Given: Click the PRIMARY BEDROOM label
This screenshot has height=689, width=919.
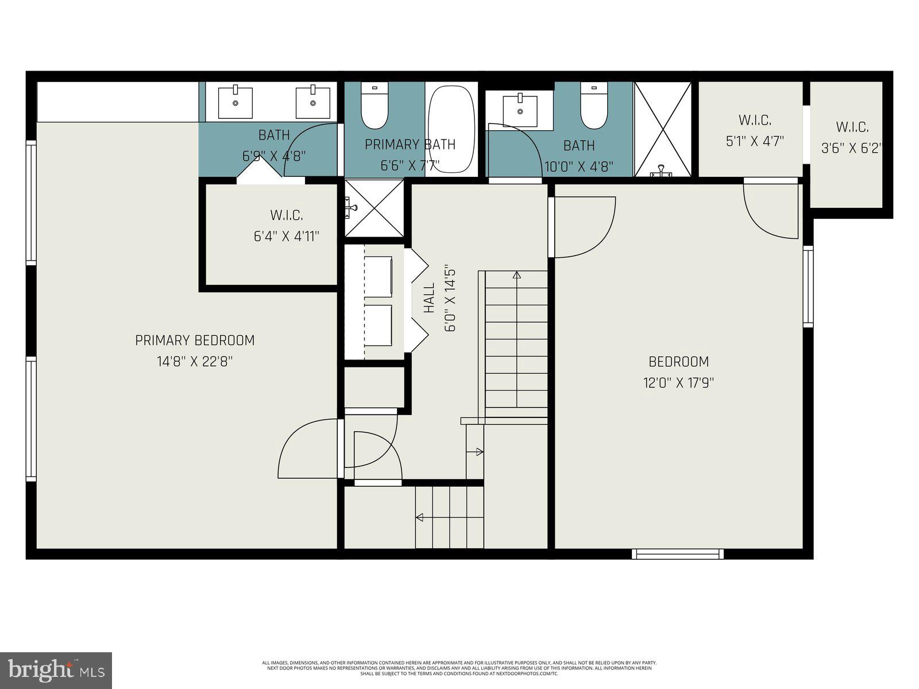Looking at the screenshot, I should click(195, 340).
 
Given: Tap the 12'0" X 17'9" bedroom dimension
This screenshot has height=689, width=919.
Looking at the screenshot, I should click(678, 383).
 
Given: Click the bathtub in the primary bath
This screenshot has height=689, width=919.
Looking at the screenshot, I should click(452, 130).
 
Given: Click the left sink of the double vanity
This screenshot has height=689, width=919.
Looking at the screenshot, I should click(235, 103).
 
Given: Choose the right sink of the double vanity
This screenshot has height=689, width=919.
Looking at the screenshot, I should click(313, 103).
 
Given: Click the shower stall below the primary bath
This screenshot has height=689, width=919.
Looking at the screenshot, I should click(374, 208).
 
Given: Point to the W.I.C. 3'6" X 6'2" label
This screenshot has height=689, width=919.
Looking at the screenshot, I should click(852, 127).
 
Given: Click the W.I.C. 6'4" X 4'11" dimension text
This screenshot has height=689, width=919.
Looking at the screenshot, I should click(287, 236).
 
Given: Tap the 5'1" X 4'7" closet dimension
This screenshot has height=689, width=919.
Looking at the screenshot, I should click(755, 141).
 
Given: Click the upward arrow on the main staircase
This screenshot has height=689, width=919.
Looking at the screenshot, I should click(516, 276).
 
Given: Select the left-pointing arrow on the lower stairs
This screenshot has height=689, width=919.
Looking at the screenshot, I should click(419, 517).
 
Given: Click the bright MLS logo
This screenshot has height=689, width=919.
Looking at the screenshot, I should click(56, 669).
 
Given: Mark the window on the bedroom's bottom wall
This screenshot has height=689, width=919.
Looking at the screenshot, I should click(678, 553).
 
